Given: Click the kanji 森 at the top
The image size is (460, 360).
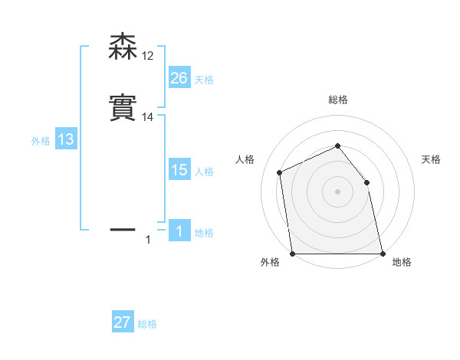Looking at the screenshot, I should tap(124, 47).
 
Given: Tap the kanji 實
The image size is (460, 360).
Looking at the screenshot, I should tap(124, 108).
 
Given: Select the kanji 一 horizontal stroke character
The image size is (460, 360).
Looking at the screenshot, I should tap(124, 228).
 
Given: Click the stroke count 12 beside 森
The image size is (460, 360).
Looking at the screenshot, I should tap(147, 56).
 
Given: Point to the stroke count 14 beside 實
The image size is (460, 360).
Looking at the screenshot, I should tap(147, 117).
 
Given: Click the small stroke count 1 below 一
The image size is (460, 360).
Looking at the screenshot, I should tap(148, 241).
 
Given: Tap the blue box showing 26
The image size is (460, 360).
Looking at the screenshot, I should tap(179, 78).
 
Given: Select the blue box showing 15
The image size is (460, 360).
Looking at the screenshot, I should tap(179, 170).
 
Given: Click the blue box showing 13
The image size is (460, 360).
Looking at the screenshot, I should tap(66, 140).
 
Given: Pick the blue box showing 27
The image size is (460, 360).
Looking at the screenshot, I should tap(123, 322).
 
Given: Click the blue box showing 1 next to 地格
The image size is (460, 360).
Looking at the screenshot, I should tap(179, 231).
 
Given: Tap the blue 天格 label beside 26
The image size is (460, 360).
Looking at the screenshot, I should tap(204, 80).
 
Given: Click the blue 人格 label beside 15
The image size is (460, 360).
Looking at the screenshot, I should tap(204, 172).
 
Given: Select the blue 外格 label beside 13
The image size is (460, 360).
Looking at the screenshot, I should tap(41, 141).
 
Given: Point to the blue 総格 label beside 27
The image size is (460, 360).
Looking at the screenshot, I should tap(147, 324).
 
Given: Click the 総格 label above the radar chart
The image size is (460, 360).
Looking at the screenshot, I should tap(337, 100).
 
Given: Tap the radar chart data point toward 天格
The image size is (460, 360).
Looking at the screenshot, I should tap(366, 182).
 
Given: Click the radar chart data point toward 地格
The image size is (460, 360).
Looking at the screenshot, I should tap(382, 254).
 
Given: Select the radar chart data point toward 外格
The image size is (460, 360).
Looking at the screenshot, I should tap(292, 254).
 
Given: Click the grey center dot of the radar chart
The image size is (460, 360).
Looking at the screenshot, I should tap(337, 191).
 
